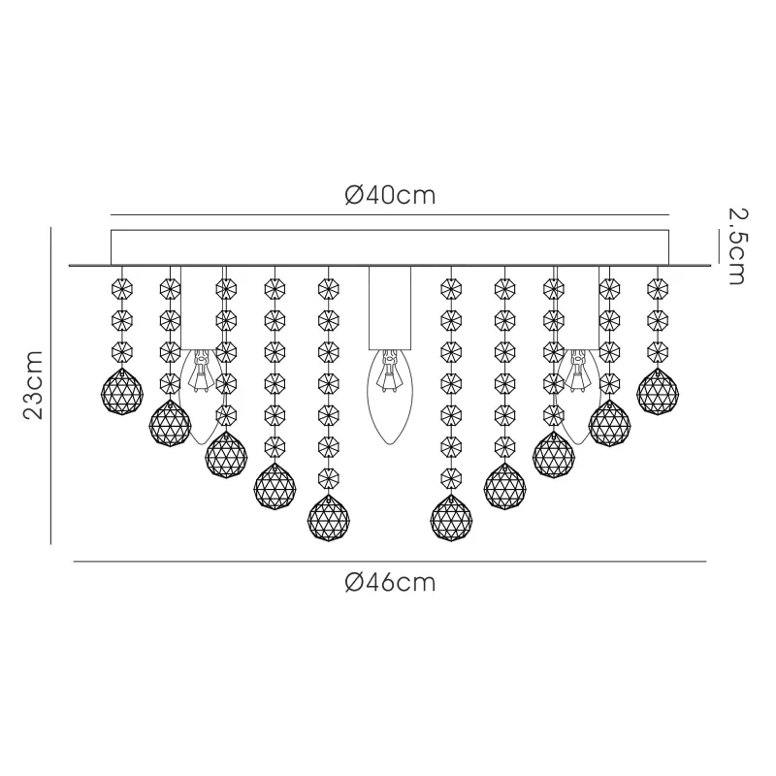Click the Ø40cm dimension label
(x=390, y=196)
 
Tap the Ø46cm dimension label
(x=390, y=583)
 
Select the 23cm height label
(x=34, y=385)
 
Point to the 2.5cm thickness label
(x=737, y=246)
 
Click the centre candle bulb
(x=390, y=397)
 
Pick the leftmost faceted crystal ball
(x=122, y=392)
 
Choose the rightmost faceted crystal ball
(x=658, y=392)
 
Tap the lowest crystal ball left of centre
(x=328, y=518)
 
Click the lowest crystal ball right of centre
(x=451, y=518)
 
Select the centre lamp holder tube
(x=390, y=307)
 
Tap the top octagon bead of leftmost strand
(x=122, y=288)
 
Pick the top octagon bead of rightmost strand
(x=658, y=288)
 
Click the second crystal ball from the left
(x=170, y=423)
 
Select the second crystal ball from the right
(x=610, y=423)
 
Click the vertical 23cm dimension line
(x=50, y=385)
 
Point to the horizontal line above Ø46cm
(x=390, y=562)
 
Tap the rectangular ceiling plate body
(x=390, y=247)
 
